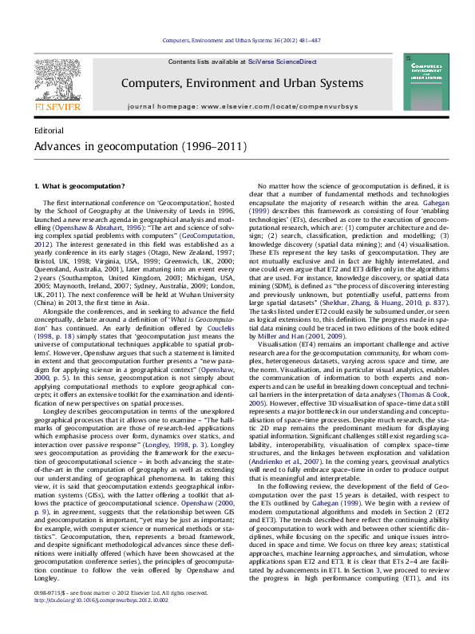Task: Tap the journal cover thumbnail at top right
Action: (x=425, y=81)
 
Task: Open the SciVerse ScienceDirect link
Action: (x=282, y=61)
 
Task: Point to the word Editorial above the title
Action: (x=49, y=129)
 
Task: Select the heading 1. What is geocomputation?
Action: (x=78, y=186)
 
